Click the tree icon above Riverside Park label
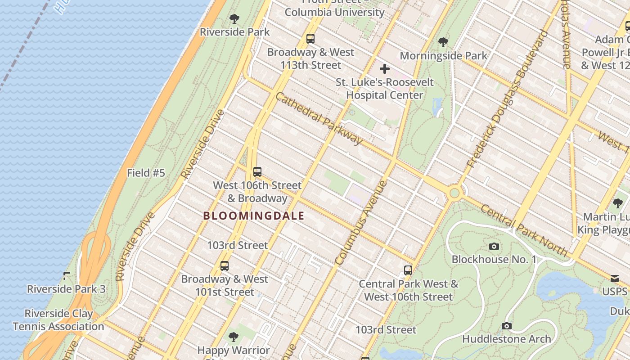point(234,19)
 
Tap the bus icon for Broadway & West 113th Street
point(310,39)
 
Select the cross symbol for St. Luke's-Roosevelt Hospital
point(384,69)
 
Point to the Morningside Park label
point(443,56)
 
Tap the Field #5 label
point(146,173)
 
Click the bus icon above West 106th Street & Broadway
point(257,172)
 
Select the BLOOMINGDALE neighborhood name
point(254,216)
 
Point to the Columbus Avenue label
point(361,222)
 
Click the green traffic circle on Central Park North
point(454,193)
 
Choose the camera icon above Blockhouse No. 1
point(494,246)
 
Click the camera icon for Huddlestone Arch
point(506,326)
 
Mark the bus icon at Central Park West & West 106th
point(408,270)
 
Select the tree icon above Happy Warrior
point(233,337)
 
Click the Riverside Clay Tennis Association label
point(58,320)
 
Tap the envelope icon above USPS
point(615,278)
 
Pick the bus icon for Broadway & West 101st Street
point(225,266)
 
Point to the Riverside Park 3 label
point(66,289)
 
